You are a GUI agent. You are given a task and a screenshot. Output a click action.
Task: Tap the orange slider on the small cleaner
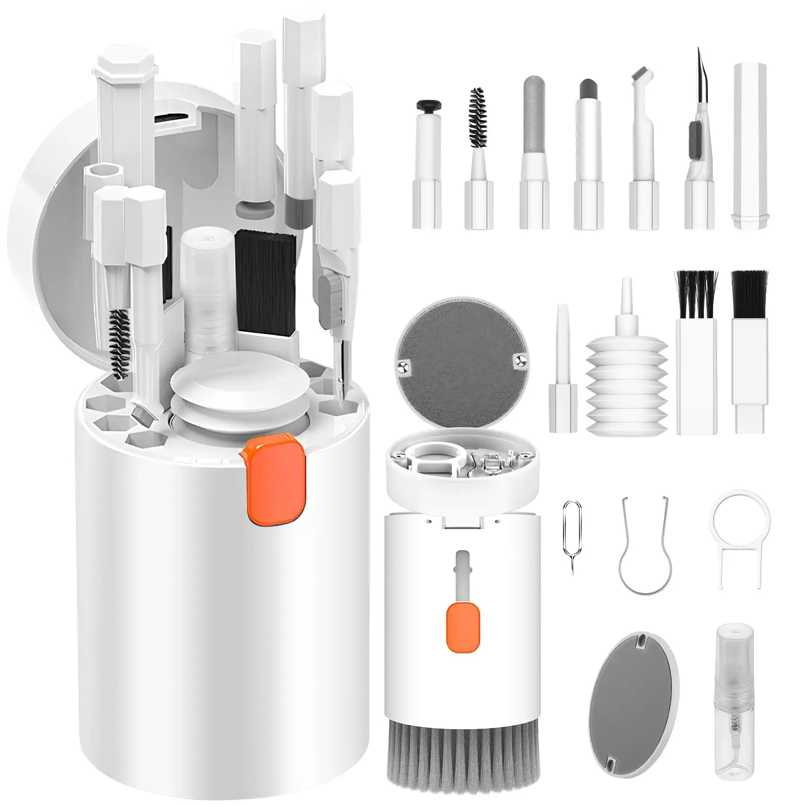(463, 627)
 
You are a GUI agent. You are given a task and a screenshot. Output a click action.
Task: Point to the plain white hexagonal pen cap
(750, 145)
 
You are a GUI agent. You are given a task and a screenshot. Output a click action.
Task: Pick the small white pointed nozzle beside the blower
(563, 371)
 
